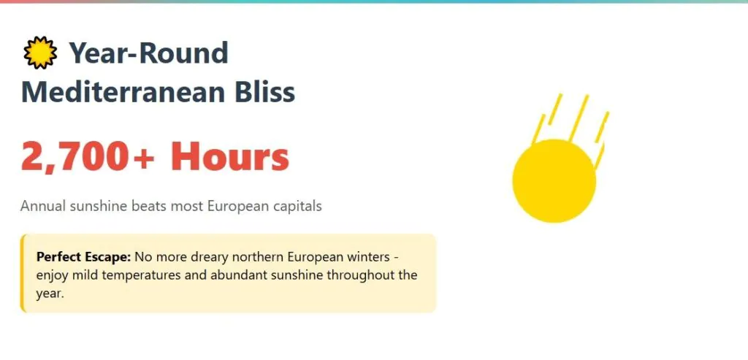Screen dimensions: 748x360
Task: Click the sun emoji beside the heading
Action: (x=40, y=53)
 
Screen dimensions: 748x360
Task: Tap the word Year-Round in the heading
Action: (x=149, y=53)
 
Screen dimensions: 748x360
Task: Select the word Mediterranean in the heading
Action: (x=123, y=92)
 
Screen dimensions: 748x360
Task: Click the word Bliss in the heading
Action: (x=265, y=91)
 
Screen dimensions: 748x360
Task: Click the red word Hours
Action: (x=230, y=156)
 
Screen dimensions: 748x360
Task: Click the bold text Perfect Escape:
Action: (x=83, y=258)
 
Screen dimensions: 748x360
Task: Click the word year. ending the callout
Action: (x=50, y=294)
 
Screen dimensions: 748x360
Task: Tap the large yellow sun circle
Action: (x=554, y=180)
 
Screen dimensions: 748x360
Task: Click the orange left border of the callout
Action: (x=22, y=273)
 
